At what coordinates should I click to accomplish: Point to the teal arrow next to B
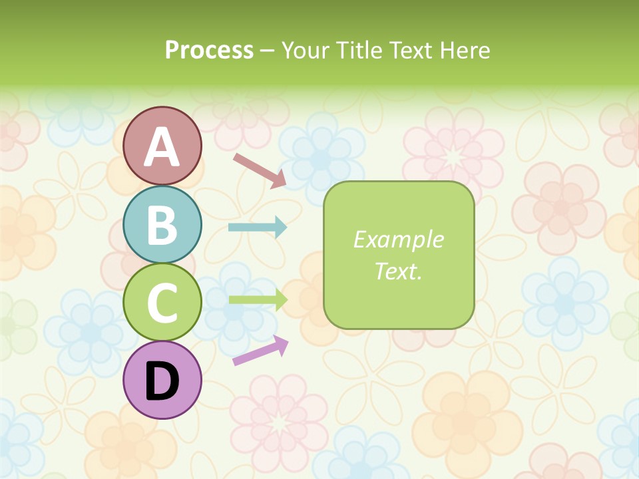(257, 228)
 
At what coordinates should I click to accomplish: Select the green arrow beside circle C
(258, 299)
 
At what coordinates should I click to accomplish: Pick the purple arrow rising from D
(260, 351)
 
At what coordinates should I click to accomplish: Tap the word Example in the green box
(398, 239)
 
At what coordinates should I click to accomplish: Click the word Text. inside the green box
(398, 271)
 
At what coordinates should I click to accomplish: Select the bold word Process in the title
(209, 50)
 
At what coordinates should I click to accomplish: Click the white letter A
(162, 147)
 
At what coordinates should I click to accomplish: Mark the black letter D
(162, 381)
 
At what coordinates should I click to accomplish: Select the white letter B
(162, 225)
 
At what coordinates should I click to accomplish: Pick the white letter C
(162, 303)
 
